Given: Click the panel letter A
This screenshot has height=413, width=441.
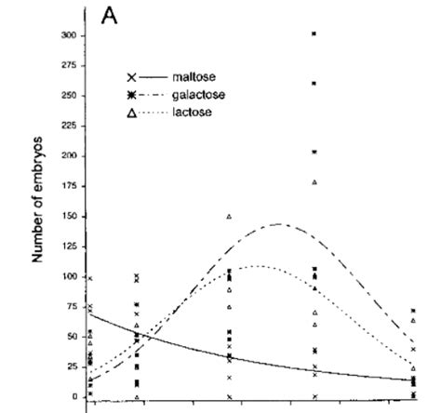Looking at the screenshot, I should coord(110,18).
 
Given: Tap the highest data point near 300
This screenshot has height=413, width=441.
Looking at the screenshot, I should coord(314,33).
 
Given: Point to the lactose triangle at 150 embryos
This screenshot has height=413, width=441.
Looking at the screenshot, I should coord(229,216).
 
